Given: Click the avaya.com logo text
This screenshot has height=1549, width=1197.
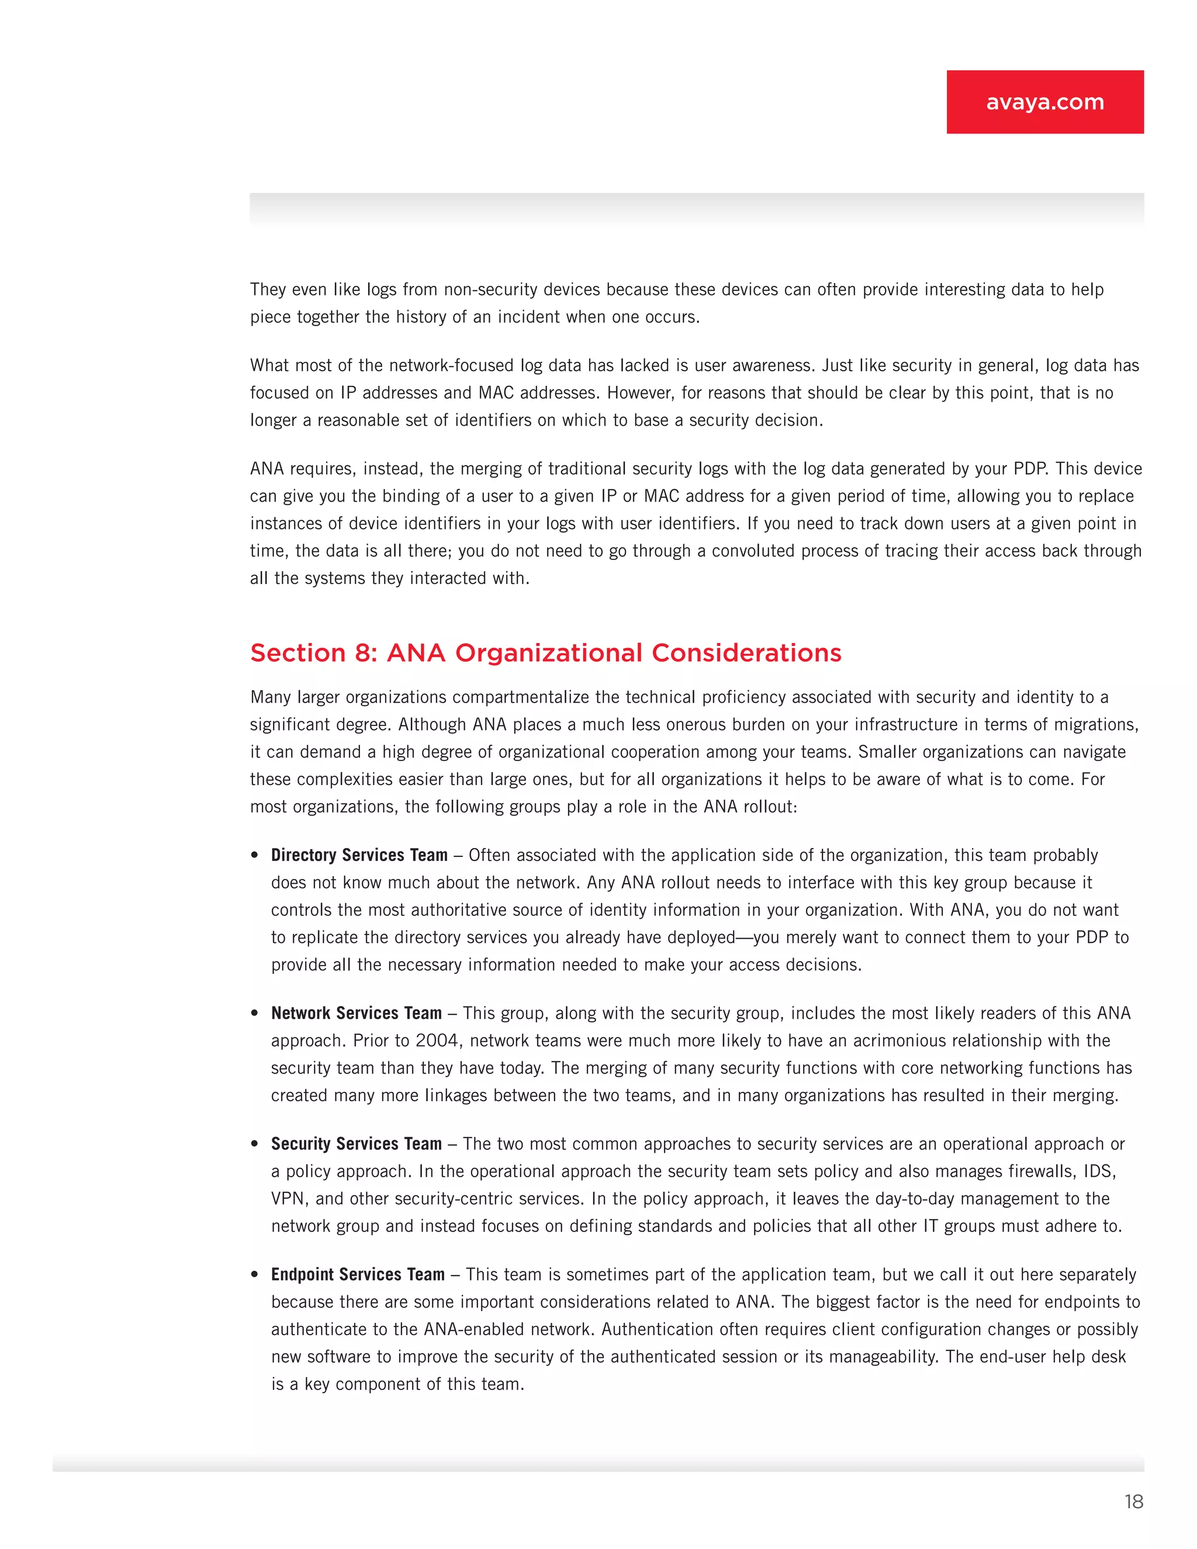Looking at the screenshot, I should click(1044, 102).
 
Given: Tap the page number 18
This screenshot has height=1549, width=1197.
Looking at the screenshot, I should click(1133, 1502).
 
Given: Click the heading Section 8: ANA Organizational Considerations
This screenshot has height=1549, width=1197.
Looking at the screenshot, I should click(545, 652).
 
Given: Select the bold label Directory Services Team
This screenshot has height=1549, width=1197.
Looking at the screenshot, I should click(359, 855).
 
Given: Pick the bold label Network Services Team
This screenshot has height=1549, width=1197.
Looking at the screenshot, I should click(356, 1013).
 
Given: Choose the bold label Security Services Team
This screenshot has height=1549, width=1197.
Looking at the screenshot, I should click(356, 1144).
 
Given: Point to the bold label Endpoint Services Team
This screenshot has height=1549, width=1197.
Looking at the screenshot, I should click(357, 1274).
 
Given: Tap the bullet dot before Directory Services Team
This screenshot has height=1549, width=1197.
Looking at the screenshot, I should click(255, 855).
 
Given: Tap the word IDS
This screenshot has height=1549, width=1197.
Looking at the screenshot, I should click(1098, 1171).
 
